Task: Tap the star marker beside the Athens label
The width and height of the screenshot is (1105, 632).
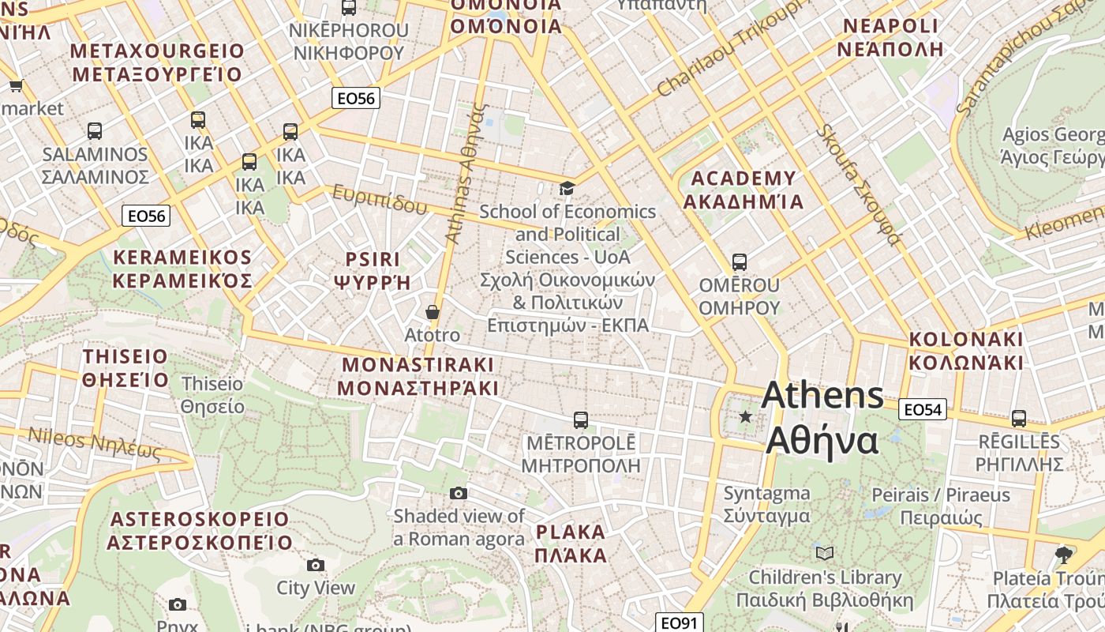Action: point(745,416)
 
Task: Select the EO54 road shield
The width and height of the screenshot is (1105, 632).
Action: point(923,409)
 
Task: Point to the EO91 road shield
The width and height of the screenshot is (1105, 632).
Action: point(680,623)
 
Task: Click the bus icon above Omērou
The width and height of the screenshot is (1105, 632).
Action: point(739,261)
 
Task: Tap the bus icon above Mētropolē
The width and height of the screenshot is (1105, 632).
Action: point(581,419)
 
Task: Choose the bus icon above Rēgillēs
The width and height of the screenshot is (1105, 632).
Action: point(1019,418)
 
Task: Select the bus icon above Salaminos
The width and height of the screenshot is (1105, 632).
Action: point(95,130)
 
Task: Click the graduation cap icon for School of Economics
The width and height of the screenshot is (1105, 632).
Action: point(567,188)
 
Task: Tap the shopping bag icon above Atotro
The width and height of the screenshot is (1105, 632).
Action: point(432,312)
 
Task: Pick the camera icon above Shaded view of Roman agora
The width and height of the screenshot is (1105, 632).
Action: point(458,493)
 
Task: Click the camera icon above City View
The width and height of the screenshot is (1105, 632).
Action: point(316,565)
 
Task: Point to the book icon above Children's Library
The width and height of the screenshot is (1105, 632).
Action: point(825,554)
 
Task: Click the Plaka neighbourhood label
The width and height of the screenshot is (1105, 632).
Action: point(571,543)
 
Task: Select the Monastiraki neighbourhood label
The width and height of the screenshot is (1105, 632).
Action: point(418,376)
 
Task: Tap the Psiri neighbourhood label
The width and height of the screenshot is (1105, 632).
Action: point(373,270)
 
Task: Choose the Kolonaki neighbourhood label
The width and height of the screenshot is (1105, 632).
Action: point(966,351)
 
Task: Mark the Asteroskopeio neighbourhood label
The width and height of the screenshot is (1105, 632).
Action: point(200,531)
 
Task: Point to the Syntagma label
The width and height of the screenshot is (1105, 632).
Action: point(767,504)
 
